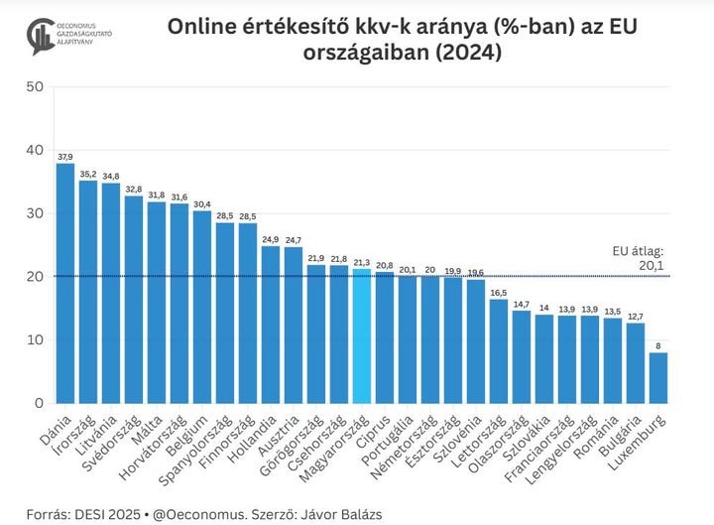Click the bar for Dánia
coord(65,283)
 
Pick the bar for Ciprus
coord(385,337)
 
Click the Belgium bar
coord(202,307)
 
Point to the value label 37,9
coord(65,157)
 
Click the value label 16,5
coord(499,292)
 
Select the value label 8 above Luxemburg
coord(658,346)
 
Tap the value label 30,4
coord(202,204)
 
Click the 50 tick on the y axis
coord(35,86)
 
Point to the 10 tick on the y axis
coord(35,339)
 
